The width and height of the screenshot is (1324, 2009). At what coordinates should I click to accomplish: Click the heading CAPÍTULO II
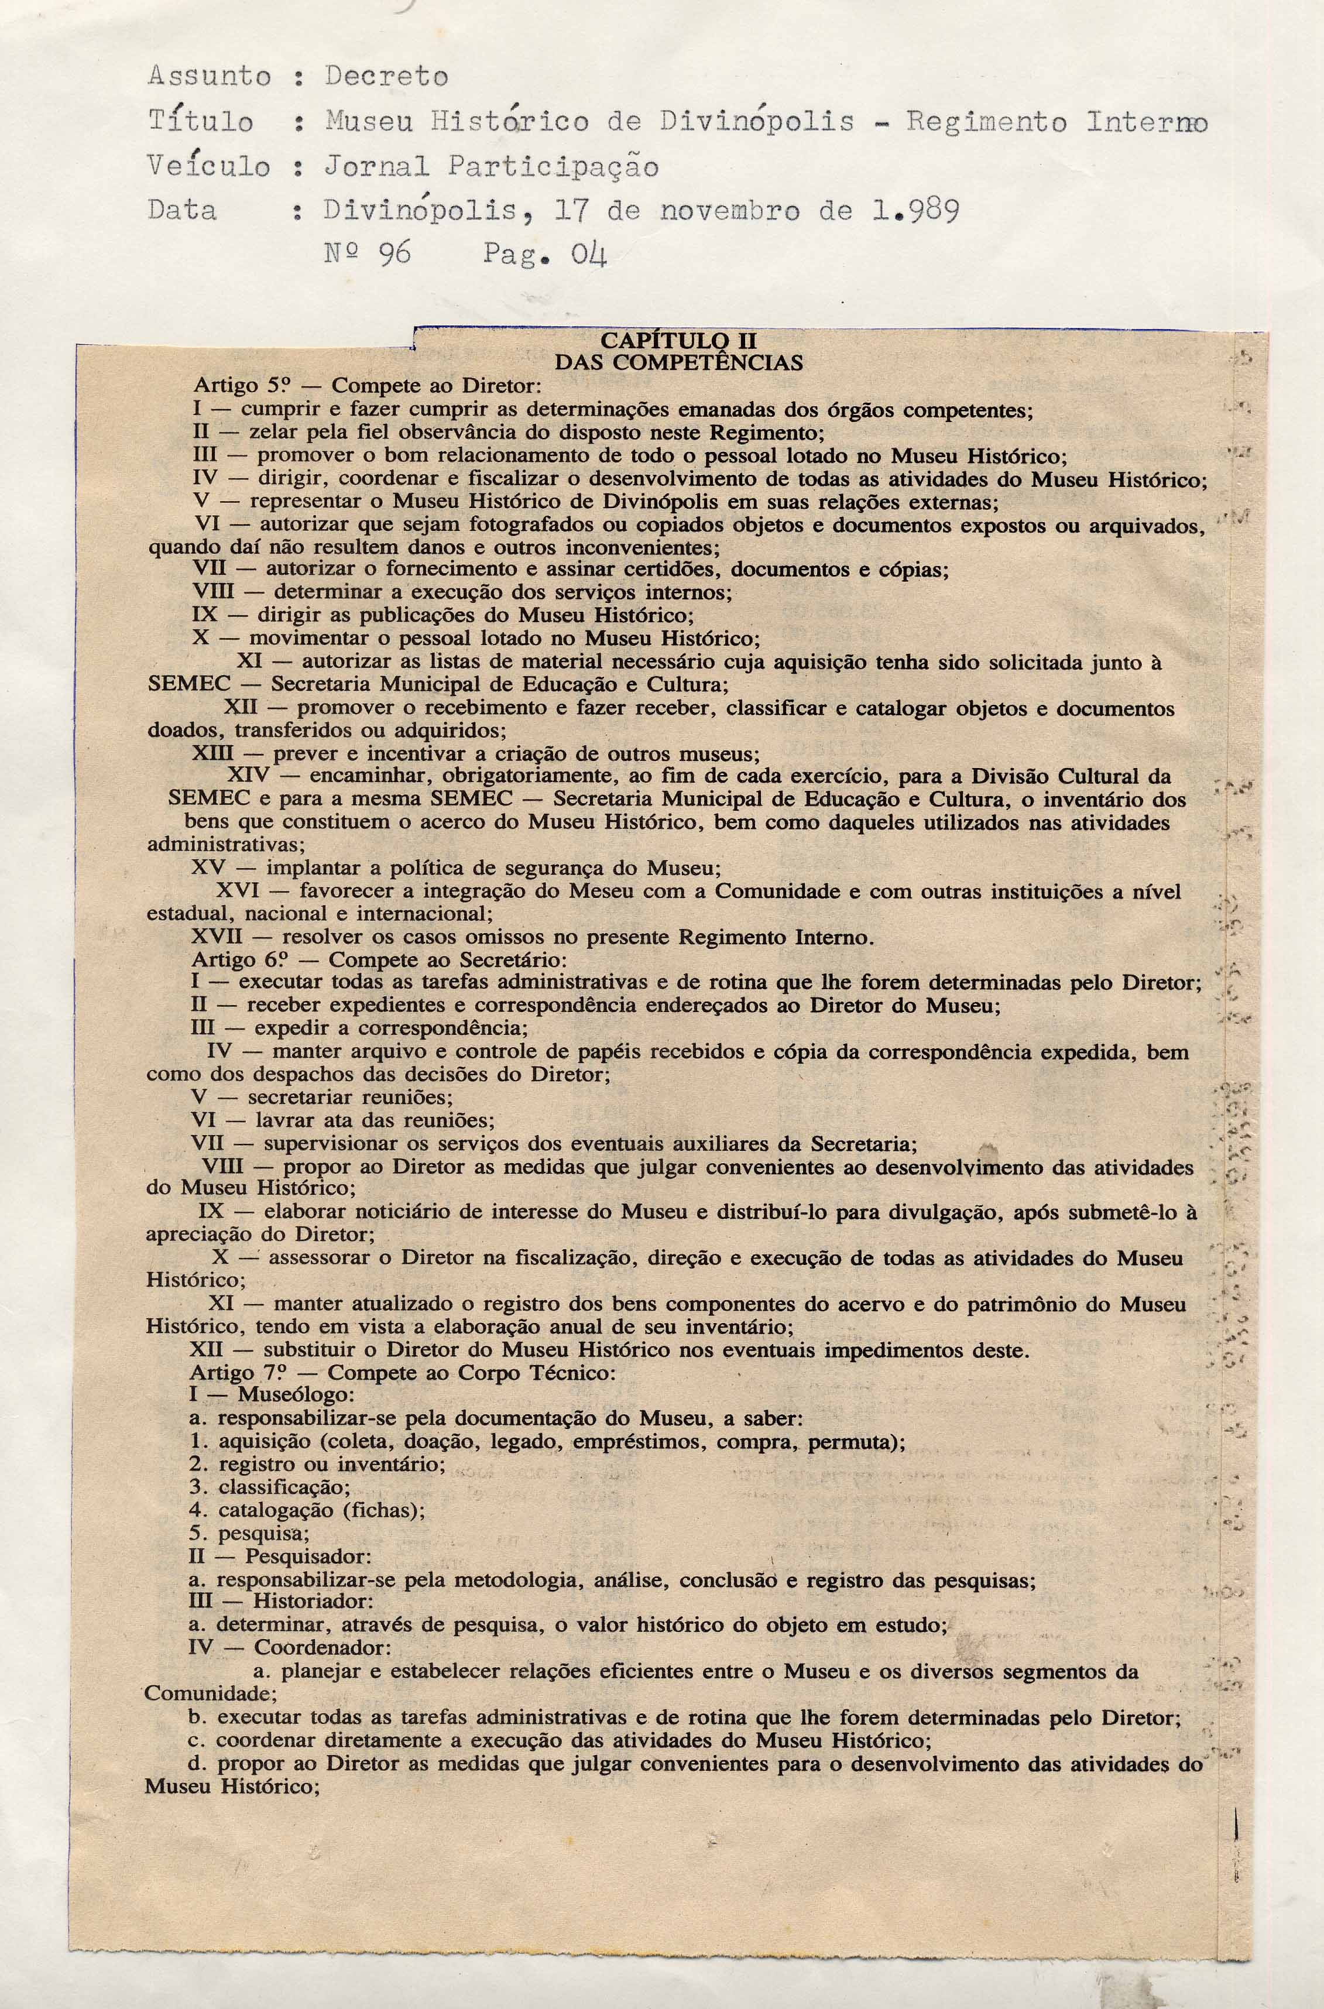677,342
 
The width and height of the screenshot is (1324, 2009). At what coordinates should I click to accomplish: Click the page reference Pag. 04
546,253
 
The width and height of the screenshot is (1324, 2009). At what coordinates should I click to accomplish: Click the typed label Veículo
208,167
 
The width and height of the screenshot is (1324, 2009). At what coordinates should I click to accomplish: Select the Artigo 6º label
240,960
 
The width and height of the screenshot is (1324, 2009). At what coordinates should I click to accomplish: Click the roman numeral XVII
216,937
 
